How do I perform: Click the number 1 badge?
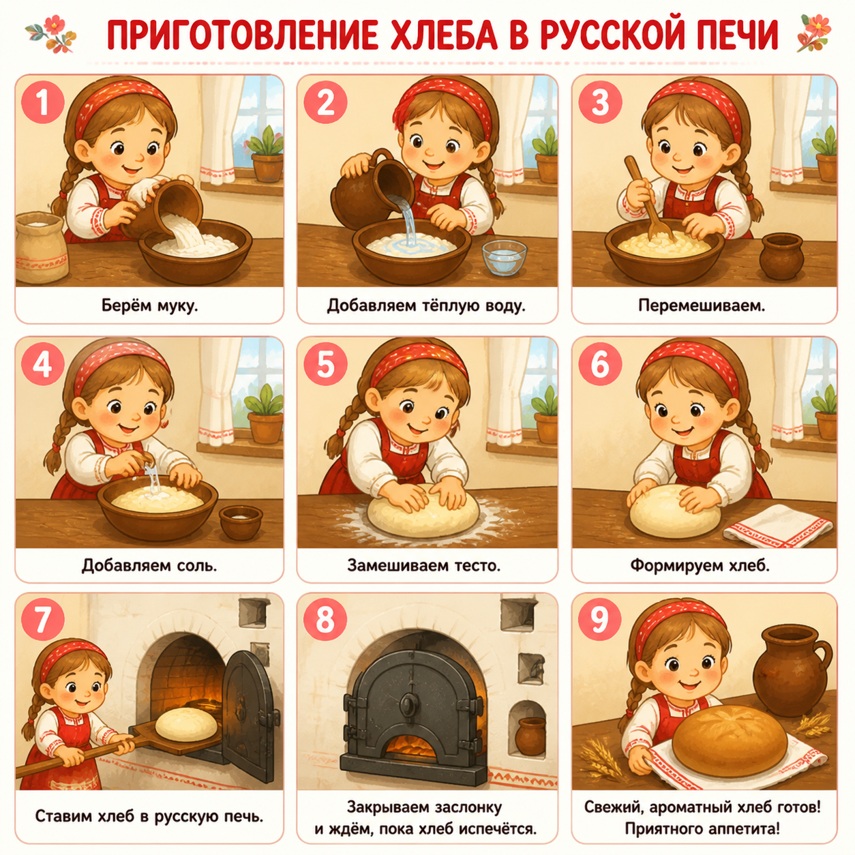click(42, 102)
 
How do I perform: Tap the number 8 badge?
click(325, 620)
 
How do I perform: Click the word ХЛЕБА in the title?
click(443, 35)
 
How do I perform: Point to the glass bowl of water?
click(505, 257)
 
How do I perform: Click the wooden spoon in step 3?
click(650, 198)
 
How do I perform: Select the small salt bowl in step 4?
click(241, 523)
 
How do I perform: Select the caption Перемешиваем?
click(702, 305)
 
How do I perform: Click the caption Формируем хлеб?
click(700, 565)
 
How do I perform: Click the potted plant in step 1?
click(266, 155)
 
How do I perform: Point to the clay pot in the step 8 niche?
click(530, 736)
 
